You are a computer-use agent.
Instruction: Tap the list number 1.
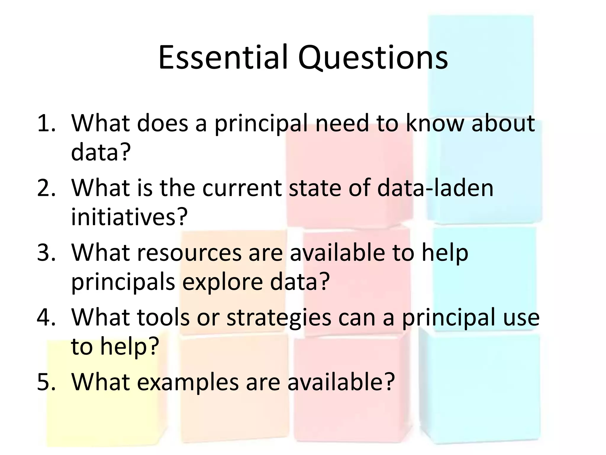pyautogui.click(x=46, y=123)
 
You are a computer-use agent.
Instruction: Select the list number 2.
pyautogui.click(x=46, y=188)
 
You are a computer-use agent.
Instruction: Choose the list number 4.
pyautogui.click(x=46, y=317)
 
